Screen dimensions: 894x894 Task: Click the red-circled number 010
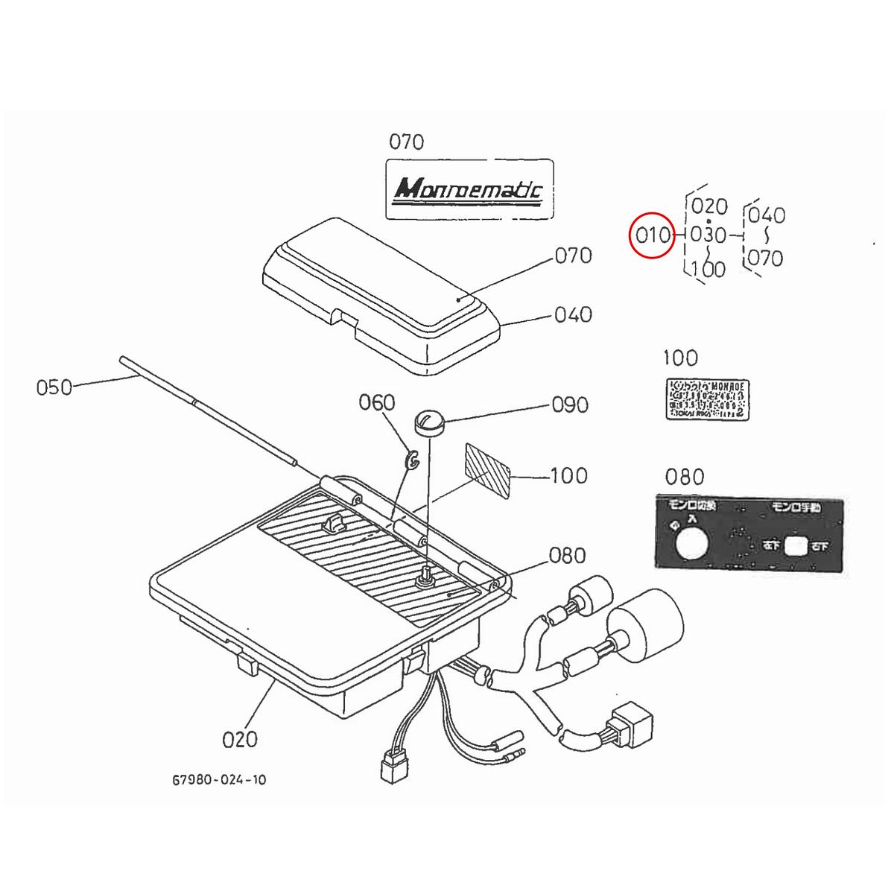[x=653, y=236]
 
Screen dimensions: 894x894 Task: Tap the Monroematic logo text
[x=469, y=189]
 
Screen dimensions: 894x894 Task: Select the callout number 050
[x=54, y=387]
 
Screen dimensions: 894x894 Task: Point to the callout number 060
[x=377, y=403]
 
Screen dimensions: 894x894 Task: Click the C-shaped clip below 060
[x=412, y=461]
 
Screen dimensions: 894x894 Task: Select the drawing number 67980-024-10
[x=218, y=779]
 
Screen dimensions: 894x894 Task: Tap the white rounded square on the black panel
[x=796, y=546]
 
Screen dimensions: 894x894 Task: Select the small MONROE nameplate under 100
[x=707, y=400]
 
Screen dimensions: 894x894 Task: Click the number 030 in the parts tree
[x=708, y=235]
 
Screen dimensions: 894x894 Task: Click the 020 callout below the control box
[x=240, y=739]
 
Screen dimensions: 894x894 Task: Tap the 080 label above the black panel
[x=684, y=477]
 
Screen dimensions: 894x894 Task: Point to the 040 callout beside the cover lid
[x=573, y=314]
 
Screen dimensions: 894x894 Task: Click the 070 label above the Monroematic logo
[x=407, y=142]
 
